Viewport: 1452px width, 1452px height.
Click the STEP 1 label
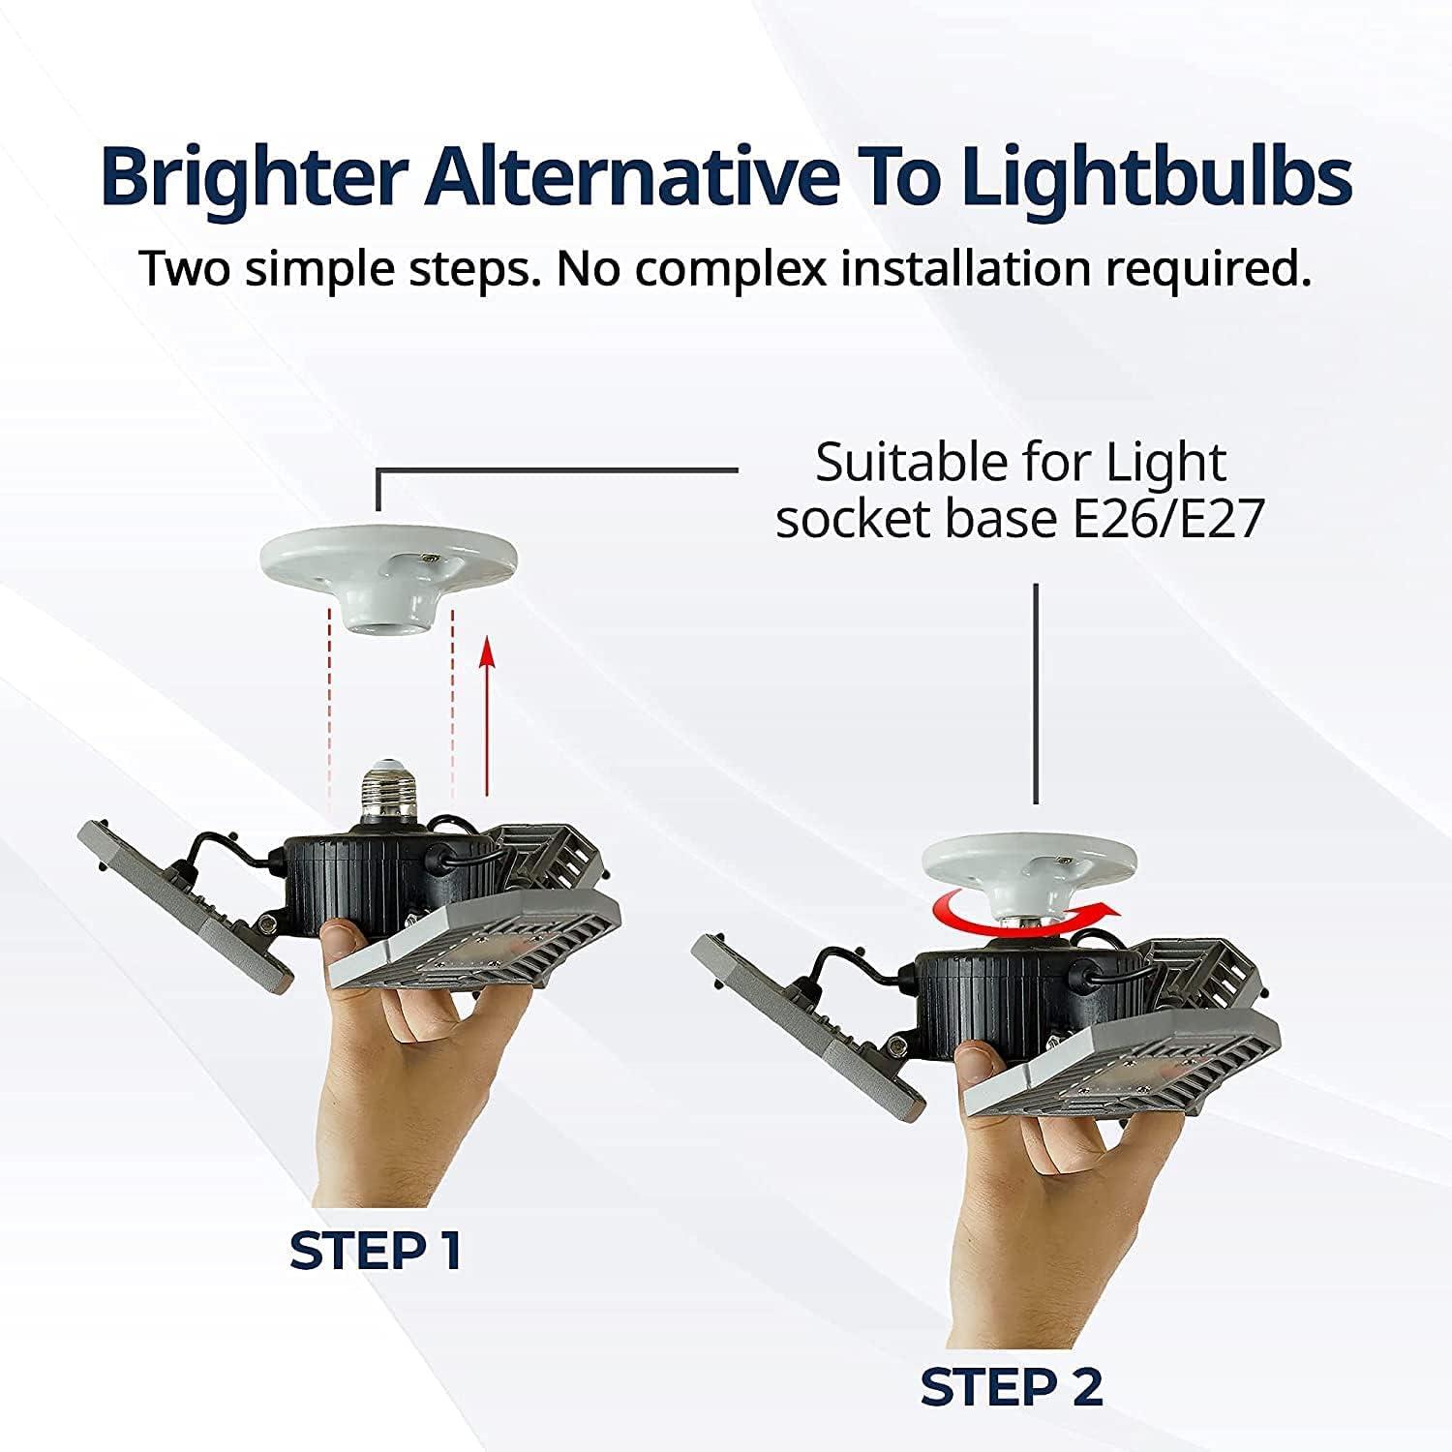376,1252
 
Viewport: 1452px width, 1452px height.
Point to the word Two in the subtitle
184,269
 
